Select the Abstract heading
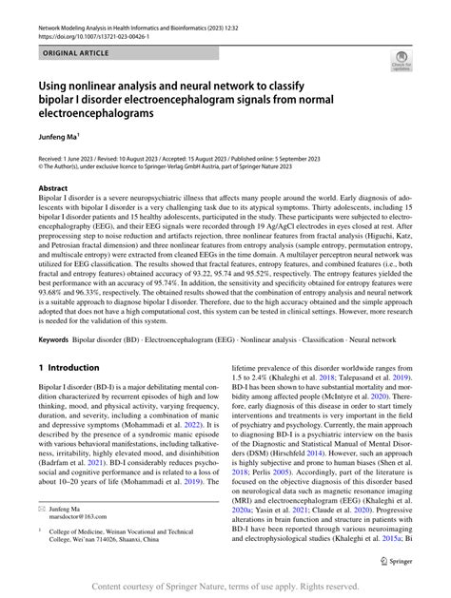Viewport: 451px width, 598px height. [x=52, y=188]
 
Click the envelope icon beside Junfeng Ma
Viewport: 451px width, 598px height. [x=42, y=510]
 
